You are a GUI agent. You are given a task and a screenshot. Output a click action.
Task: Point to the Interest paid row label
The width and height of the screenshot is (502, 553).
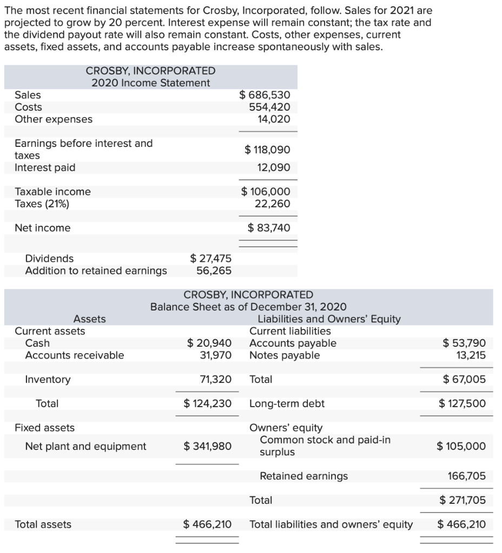pos(45,167)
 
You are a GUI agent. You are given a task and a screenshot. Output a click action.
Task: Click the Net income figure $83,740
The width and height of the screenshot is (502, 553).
pos(269,228)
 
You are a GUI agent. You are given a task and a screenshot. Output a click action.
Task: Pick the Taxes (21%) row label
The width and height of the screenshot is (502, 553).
pos(42,204)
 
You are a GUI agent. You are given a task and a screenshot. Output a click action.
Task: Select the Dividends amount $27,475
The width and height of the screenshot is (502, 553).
pos(210,259)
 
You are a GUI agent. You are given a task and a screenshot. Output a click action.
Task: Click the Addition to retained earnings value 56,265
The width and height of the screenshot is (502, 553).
pos(214,271)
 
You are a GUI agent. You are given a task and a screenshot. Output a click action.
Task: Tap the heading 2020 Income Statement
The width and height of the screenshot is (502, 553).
pos(150,83)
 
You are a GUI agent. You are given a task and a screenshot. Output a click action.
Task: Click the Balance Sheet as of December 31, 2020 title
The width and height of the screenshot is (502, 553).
pos(248,307)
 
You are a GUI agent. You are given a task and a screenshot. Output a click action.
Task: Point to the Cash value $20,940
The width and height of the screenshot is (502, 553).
pos(209,343)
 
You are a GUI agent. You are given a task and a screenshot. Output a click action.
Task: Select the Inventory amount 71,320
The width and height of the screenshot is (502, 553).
pos(216,380)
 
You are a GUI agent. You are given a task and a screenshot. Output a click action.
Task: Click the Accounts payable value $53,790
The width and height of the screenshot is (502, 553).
pos(464,343)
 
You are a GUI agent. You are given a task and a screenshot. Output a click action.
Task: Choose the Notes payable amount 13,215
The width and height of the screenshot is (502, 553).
pos(471,355)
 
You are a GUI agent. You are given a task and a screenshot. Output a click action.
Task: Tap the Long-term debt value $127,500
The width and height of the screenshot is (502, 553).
pos(462,403)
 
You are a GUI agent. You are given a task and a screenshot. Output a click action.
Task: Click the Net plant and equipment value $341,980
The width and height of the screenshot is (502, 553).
pos(208,446)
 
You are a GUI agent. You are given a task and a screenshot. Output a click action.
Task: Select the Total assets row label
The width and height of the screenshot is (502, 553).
pos(43,524)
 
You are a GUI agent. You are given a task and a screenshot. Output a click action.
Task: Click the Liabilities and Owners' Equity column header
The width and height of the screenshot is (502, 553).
pos(329,319)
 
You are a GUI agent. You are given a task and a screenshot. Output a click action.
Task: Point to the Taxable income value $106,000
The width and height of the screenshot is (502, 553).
pos(266,192)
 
